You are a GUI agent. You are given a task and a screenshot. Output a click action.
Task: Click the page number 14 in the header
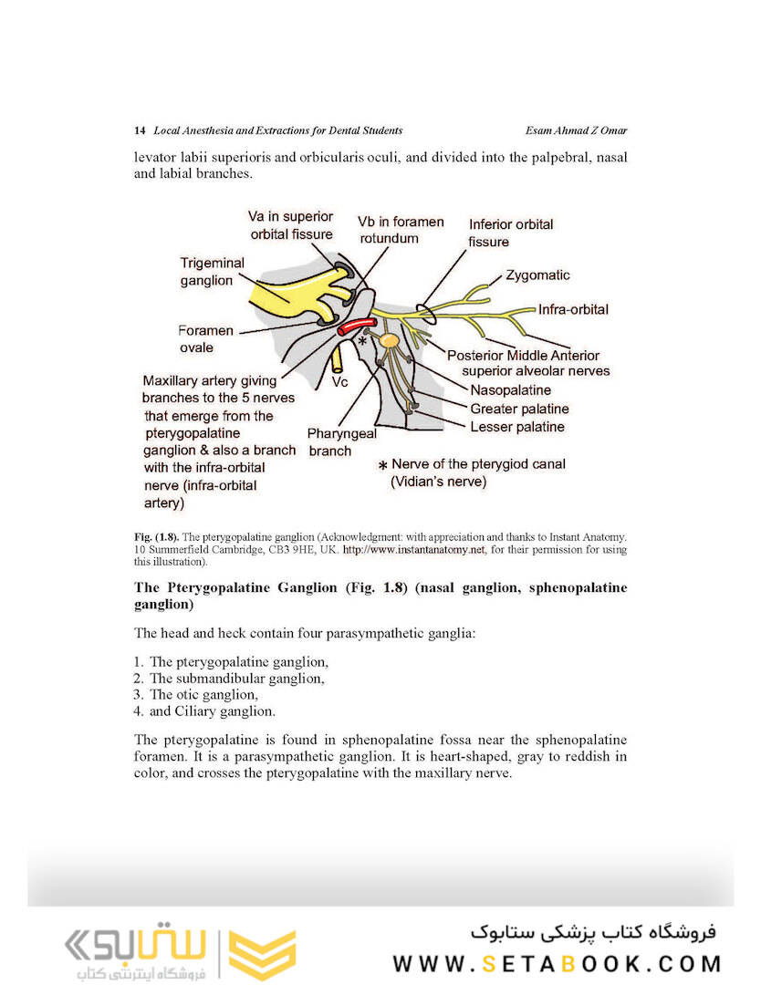(x=140, y=130)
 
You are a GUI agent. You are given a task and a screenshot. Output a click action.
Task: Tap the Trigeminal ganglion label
(x=212, y=272)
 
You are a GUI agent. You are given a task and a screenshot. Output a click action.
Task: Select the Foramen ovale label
(x=205, y=338)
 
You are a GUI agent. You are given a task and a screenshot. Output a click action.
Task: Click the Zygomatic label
(x=537, y=275)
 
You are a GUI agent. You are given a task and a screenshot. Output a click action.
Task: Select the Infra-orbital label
(x=573, y=309)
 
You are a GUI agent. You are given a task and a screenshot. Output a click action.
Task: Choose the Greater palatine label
(x=519, y=409)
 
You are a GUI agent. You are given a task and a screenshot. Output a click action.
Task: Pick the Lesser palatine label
(x=517, y=426)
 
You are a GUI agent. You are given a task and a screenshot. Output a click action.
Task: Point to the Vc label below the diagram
(x=340, y=383)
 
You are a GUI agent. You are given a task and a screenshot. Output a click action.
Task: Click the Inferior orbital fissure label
(x=510, y=233)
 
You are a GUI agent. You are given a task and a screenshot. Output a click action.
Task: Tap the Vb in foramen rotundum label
(x=401, y=230)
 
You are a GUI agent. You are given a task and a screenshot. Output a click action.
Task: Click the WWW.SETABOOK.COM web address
(x=557, y=963)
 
